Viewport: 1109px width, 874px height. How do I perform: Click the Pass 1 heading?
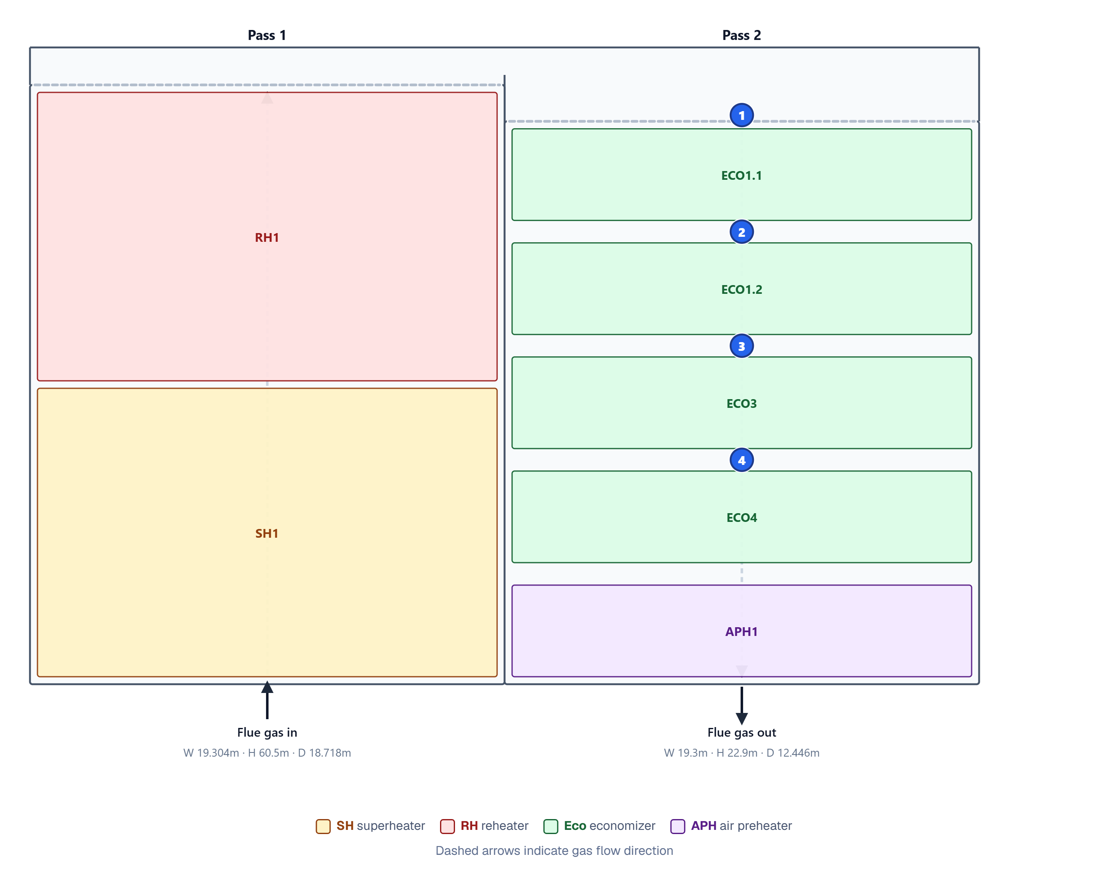click(266, 35)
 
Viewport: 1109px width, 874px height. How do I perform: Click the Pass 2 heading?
click(741, 35)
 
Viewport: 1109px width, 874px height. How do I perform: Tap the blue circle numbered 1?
click(741, 115)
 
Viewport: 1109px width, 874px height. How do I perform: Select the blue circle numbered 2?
click(741, 232)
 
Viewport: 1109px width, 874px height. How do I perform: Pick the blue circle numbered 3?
click(741, 346)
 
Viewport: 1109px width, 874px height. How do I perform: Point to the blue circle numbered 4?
click(741, 460)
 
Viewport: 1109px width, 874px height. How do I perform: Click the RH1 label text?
click(266, 237)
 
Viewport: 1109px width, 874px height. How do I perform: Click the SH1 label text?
click(266, 533)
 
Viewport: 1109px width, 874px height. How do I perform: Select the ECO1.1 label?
click(741, 176)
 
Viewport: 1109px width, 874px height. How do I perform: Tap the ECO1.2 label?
click(741, 290)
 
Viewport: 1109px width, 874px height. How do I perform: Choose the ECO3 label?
click(741, 404)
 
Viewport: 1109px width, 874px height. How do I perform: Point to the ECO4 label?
click(741, 518)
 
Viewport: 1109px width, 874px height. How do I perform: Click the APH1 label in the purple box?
click(741, 631)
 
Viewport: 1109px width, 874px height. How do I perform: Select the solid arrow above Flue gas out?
click(741, 705)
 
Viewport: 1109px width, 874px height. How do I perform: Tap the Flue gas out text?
click(741, 732)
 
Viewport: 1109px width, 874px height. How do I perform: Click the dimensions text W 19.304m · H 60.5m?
click(236, 753)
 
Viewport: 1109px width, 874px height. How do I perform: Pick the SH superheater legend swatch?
click(323, 827)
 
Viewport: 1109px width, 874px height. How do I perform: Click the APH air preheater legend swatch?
click(678, 827)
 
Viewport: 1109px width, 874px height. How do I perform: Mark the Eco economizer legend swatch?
click(551, 827)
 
